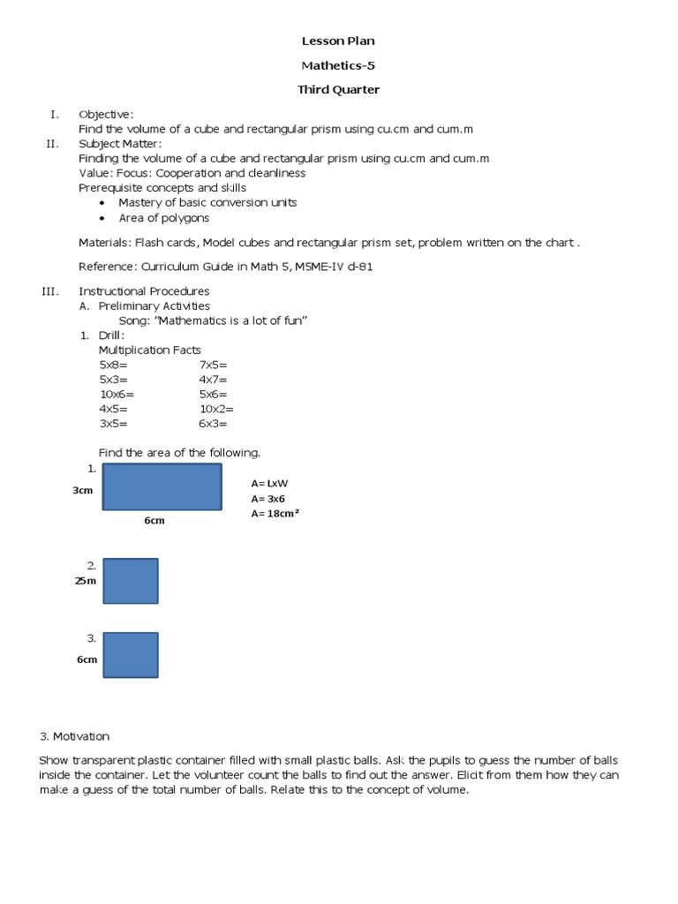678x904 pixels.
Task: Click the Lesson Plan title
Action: click(338, 41)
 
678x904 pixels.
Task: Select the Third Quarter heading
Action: click(338, 89)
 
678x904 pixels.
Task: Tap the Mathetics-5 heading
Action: click(338, 64)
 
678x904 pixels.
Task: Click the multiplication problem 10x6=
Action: click(117, 394)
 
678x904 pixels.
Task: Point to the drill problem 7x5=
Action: click(214, 364)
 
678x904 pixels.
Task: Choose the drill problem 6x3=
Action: click(214, 424)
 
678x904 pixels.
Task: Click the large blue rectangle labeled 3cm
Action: click(162, 486)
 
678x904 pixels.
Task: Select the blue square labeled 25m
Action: click(131, 581)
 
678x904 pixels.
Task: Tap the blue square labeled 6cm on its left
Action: click(131, 654)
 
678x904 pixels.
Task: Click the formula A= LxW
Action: click(270, 483)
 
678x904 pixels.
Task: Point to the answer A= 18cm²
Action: click(275, 513)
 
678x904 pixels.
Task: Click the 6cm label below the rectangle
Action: click(154, 521)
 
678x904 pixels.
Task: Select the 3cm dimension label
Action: click(83, 490)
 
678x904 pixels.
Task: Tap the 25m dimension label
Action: click(86, 581)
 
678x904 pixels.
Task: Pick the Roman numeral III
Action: click(49, 290)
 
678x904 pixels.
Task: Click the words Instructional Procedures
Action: click(144, 290)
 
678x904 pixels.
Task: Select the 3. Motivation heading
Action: click(74, 736)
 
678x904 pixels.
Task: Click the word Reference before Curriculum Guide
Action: click(105, 267)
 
